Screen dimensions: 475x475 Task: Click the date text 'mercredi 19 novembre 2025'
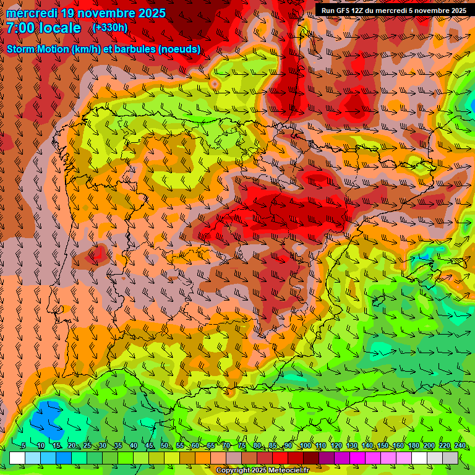(86, 13)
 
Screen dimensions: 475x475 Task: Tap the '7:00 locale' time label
(43, 28)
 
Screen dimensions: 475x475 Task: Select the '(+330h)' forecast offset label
(110, 27)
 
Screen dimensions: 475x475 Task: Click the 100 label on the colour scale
(306, 446)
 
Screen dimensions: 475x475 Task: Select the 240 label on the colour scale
(460, 446)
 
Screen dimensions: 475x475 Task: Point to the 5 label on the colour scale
(24, 446)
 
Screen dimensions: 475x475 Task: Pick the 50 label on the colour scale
(165, 446)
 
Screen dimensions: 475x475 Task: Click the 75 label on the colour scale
(242, 446)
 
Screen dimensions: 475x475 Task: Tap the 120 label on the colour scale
(336, 446)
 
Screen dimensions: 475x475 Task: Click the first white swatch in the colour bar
(17, 458)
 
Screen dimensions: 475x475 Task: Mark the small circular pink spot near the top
(215, 83)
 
